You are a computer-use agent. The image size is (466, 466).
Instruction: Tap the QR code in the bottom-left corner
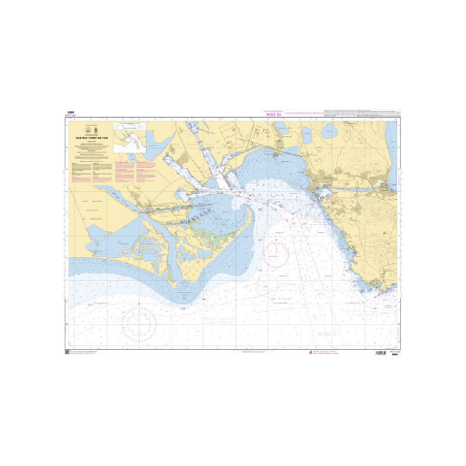tap(67, 353)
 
